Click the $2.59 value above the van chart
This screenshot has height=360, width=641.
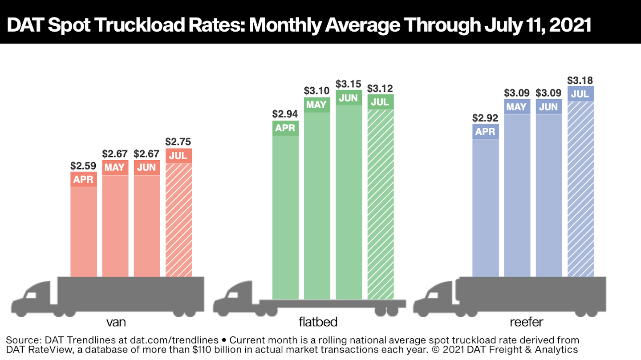pos(83,166)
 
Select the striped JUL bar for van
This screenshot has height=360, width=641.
pos(179,220)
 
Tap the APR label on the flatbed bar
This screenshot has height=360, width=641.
pos(285,128)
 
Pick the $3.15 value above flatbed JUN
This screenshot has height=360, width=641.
pos(349,84)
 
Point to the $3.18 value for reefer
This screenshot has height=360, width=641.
pos(580,81)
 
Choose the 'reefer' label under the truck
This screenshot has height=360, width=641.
pos(527,322)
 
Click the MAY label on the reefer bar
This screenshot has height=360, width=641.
pos(516,107)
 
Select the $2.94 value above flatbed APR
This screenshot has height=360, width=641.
pos(285,113)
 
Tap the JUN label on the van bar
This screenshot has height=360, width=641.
pos(147,167)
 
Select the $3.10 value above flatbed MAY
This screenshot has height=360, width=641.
pos(317,90)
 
